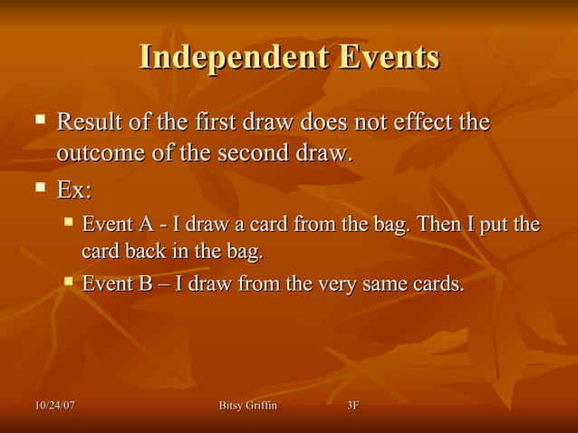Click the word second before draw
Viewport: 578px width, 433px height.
point(252,153)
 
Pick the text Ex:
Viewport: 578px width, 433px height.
point(74,192)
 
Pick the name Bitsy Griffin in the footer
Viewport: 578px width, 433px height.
point(247,405)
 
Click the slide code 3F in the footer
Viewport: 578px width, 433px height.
point(353,405)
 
